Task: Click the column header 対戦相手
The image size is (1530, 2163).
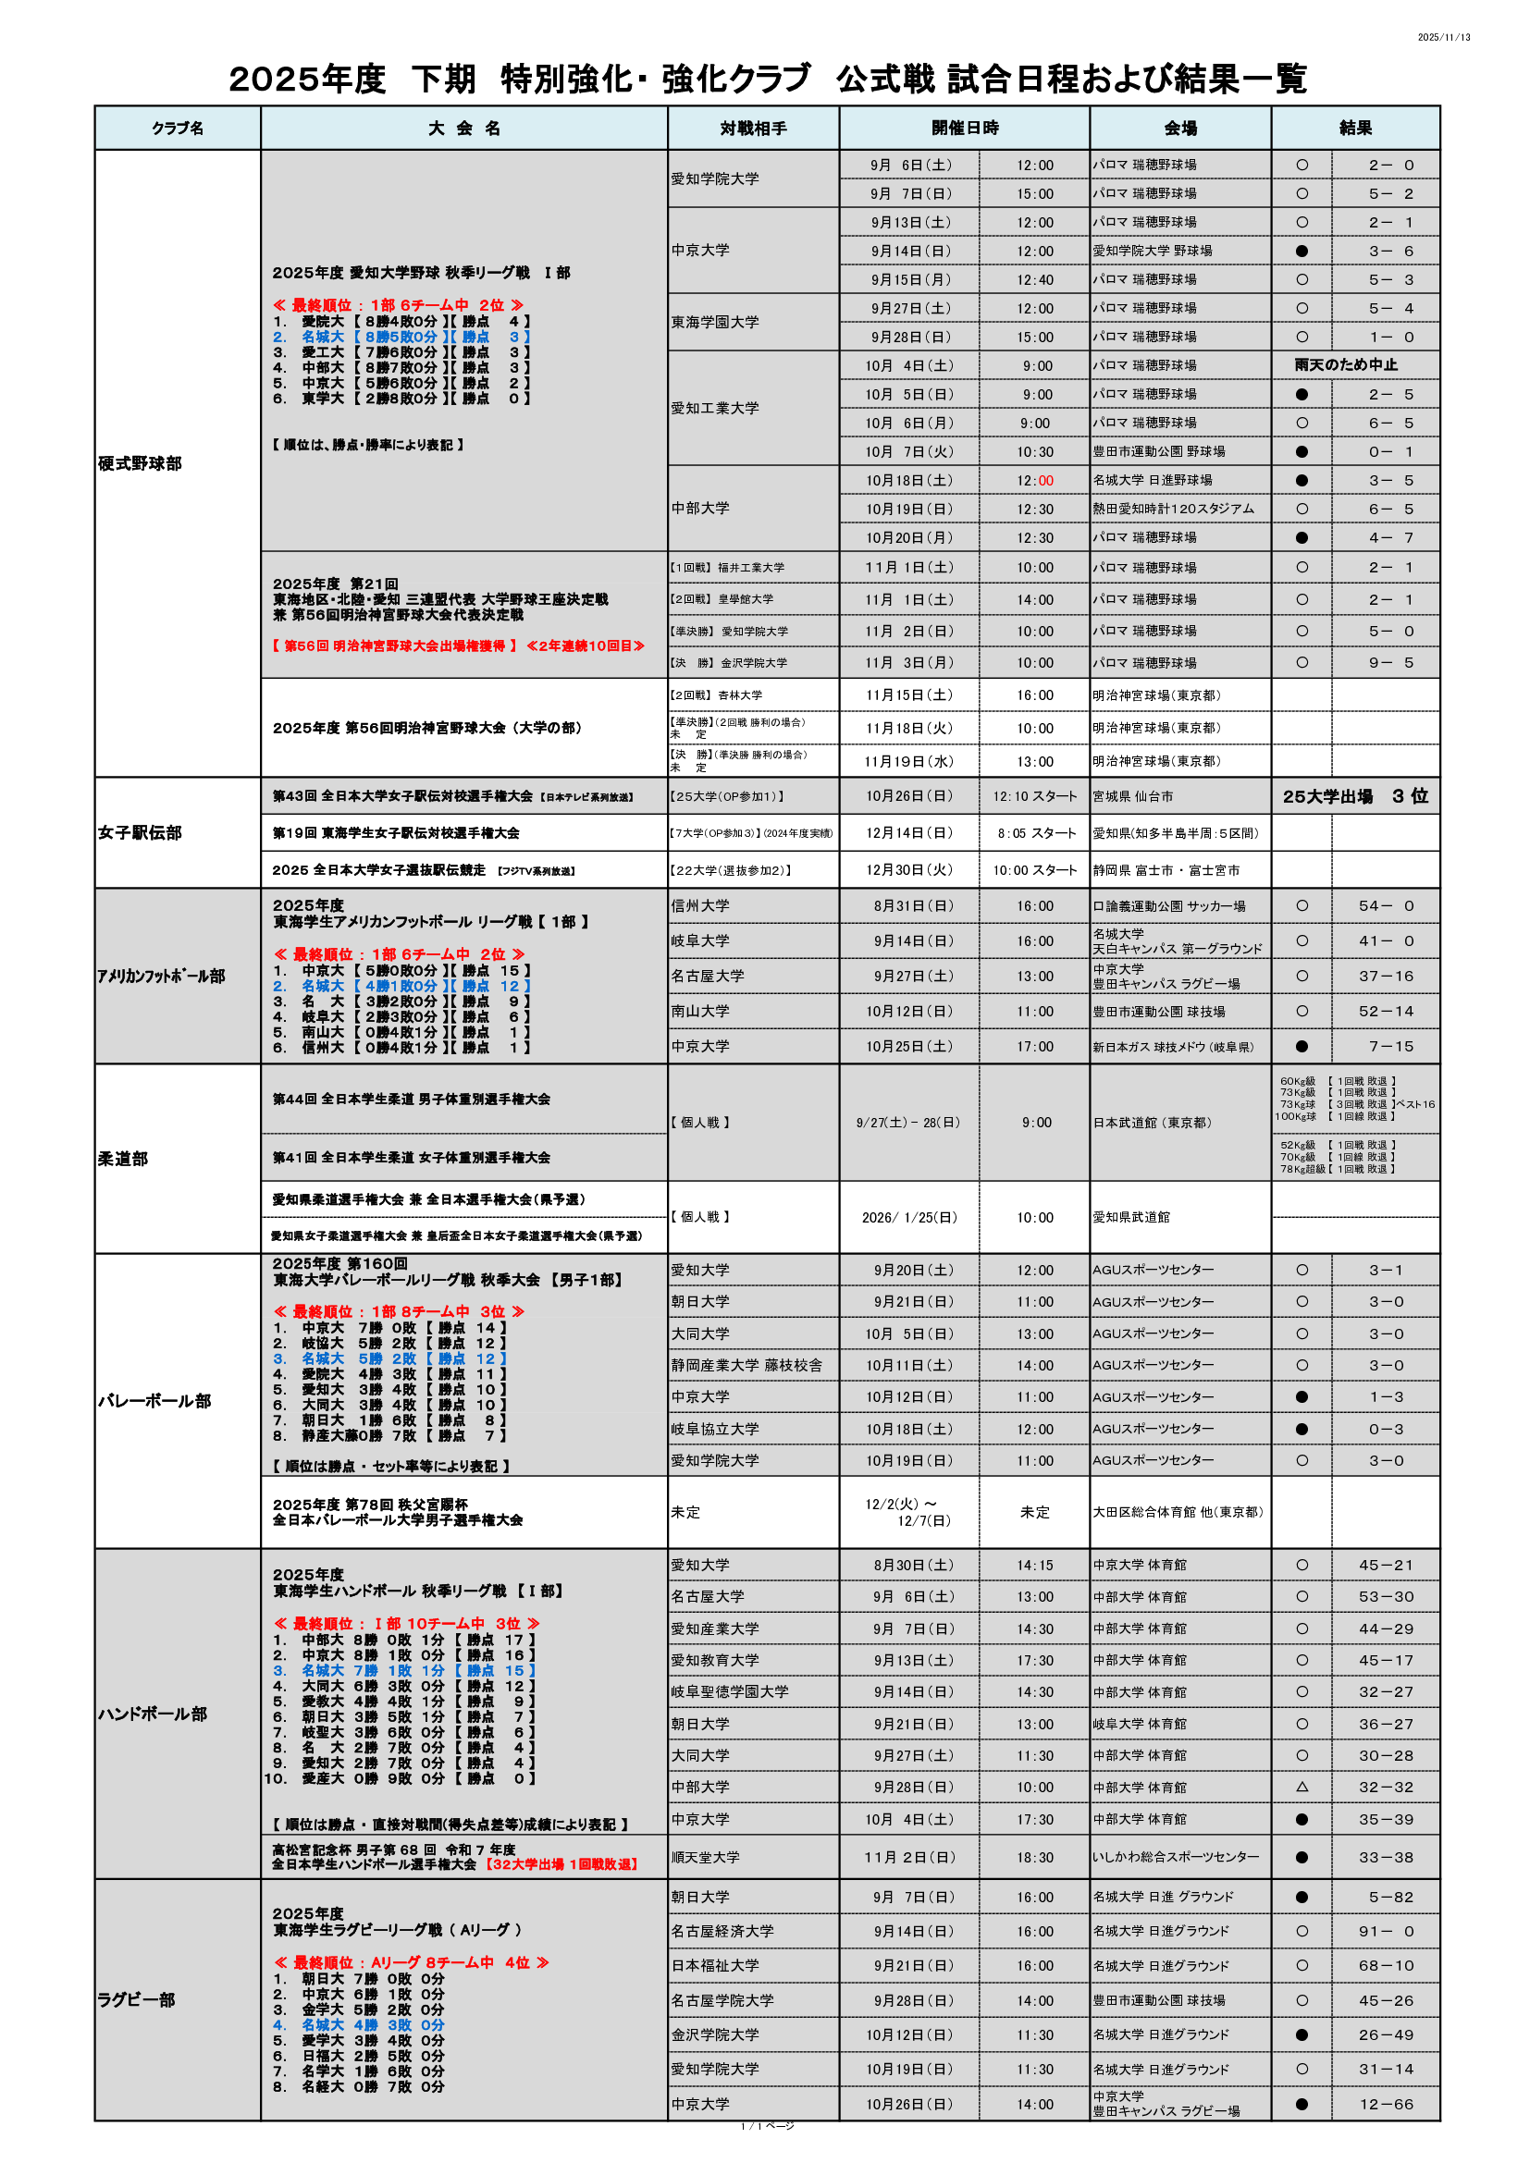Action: [x=753, y=129]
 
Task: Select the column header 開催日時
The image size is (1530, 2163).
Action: [x=964, y=129]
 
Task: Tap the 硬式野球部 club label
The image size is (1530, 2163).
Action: [x=140, y=463]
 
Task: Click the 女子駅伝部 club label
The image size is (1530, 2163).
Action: [x=140, y=833]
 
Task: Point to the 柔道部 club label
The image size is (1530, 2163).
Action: [x=123, y=1159]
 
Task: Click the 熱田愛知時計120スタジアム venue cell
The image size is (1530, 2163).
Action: [x=1173, y=509]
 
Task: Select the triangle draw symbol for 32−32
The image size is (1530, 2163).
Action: [x=1302, y=1788]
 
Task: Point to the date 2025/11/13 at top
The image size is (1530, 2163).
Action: [x=1443, y=38]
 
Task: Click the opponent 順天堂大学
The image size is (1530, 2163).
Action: [x=706, y=1858]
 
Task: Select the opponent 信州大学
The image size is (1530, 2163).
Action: [x=700, y=906]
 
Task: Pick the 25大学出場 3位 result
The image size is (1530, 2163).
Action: [x=1355, y=797]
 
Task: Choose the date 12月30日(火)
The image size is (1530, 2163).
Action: [x=909, y=870]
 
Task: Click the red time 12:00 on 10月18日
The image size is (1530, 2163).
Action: [x=1034, y=481]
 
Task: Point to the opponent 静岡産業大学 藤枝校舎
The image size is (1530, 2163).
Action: [x=746, y=1365]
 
